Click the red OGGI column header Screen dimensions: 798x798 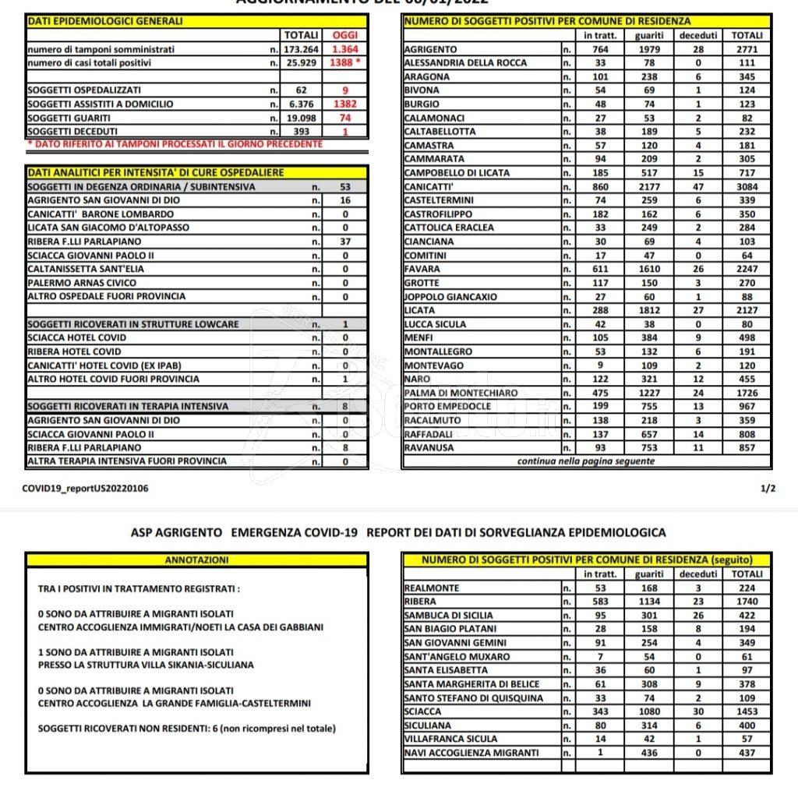coord(344,35)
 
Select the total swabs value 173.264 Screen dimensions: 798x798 coord(301,49)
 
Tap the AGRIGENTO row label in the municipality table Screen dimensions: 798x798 coord(431,49)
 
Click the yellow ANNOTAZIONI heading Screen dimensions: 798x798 coord(196,560)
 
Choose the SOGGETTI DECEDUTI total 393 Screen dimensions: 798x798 coord(301,132)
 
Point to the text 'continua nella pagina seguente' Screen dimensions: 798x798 coord(586,461)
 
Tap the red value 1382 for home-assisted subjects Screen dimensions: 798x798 coord(344,104)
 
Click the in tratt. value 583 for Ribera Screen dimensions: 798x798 coord(600,602)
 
